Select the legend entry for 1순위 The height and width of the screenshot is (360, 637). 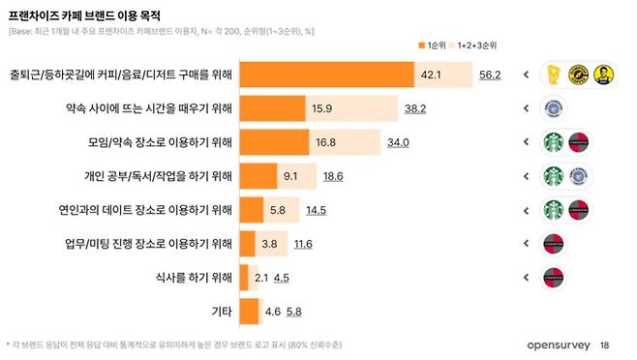[430, 46]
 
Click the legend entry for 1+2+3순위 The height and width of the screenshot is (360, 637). [478, 46]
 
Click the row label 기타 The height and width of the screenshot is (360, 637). [222, 312]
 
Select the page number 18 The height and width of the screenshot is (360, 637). [605, 345]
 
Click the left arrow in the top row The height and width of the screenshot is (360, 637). [524, 75]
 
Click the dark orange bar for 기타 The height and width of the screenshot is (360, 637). [249, 312]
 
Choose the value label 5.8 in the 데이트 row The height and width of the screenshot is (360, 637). [278, 210]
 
